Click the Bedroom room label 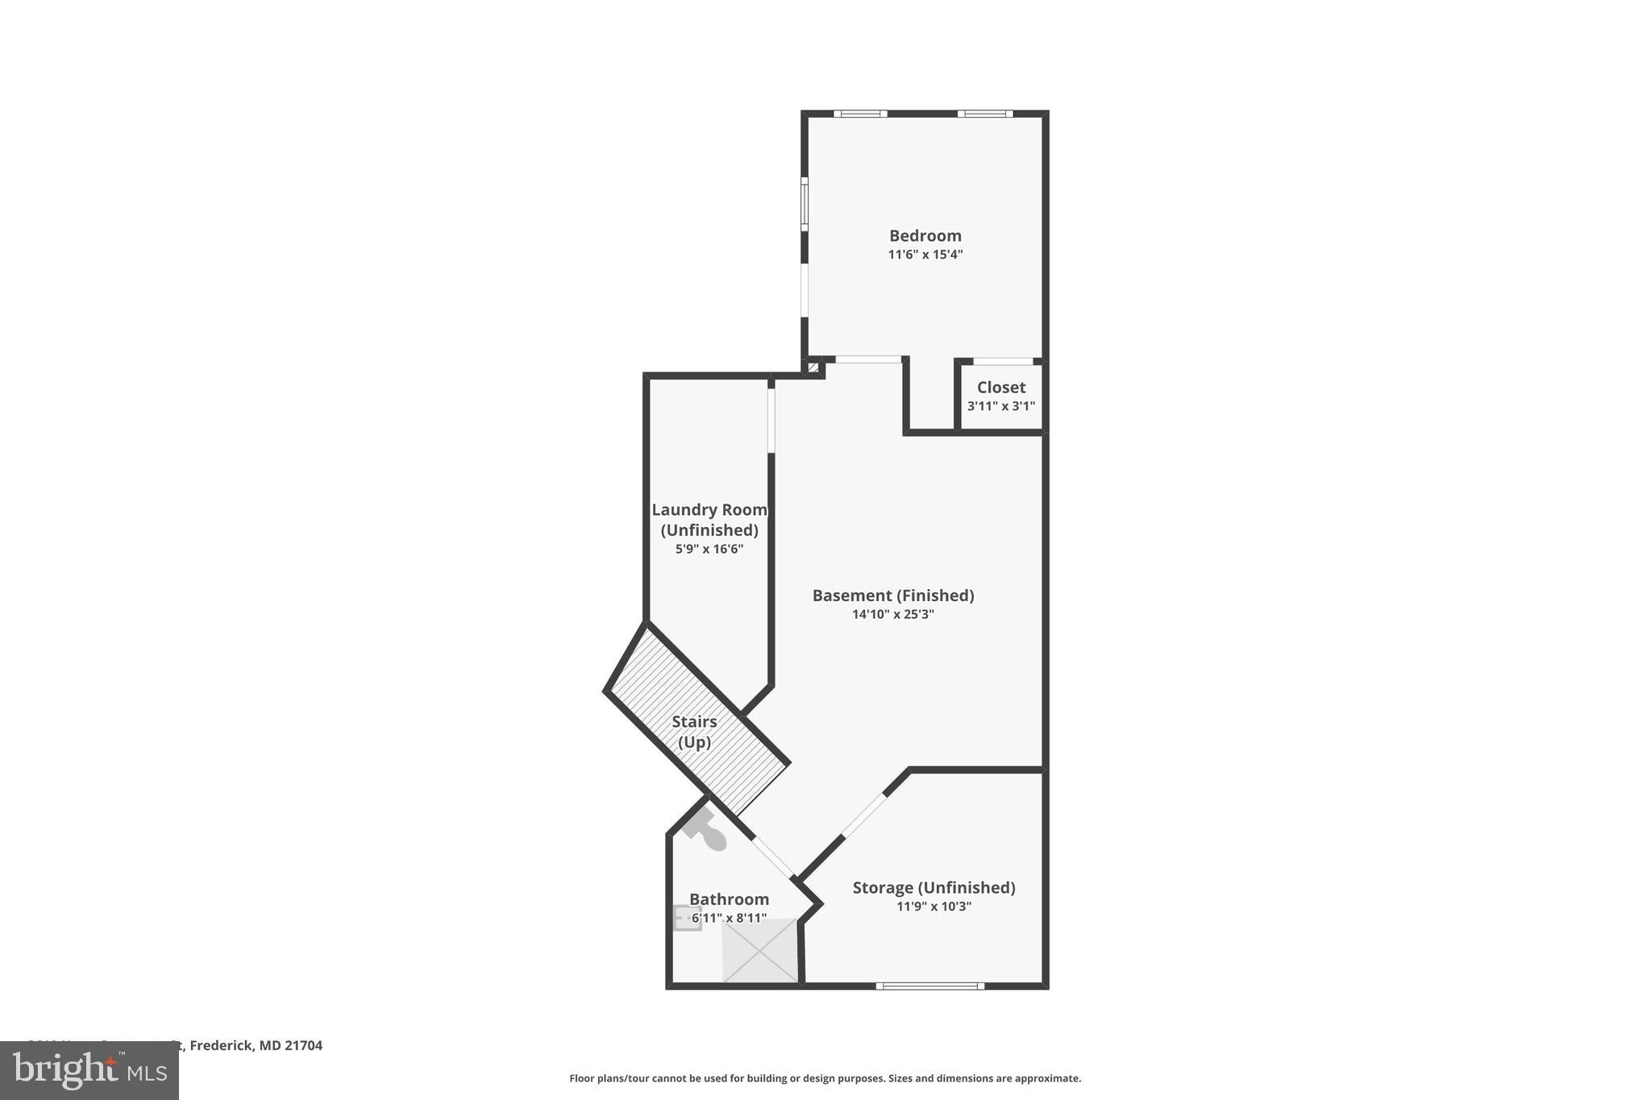(925, 236)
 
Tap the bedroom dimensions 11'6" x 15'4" (925, 255)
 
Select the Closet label (1000, 388)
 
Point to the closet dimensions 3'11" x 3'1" (1000, 406)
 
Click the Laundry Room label (709, 510)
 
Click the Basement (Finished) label (892, 596)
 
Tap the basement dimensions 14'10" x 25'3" (892, 614)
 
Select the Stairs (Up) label (694, 731)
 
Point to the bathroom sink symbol (686, 918)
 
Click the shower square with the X (759, 951)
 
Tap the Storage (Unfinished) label (934, 887)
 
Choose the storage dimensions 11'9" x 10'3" (934, 907)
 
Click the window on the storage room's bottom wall (929, 986)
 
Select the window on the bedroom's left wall (804, 204)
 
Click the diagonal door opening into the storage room (863, 816)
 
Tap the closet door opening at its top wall (1003, 361)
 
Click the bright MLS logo (89, 1071)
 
